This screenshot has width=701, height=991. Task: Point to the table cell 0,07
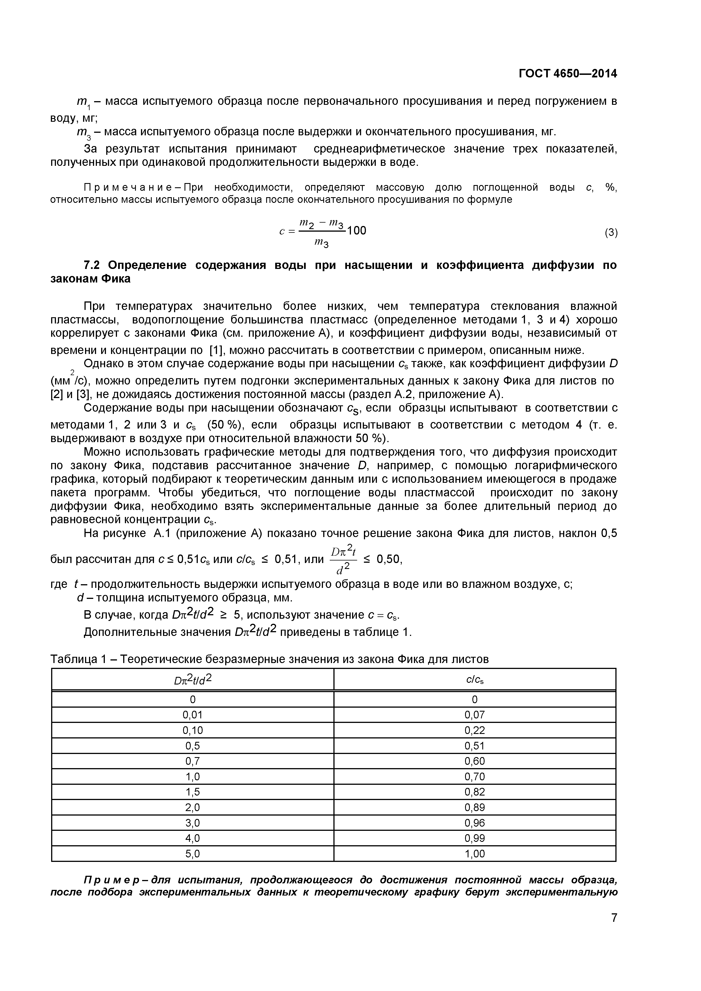click(x=474, y=715)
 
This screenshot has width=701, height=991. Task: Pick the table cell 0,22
click(x=474, y=730)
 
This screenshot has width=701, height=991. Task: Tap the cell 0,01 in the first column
click(x=192, y=715)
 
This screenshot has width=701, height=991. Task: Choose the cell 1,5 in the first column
click(x=192, y=792)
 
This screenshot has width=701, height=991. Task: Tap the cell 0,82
click(x=474, y=792)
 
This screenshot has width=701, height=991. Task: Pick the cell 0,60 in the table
click(x=474, y=761)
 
